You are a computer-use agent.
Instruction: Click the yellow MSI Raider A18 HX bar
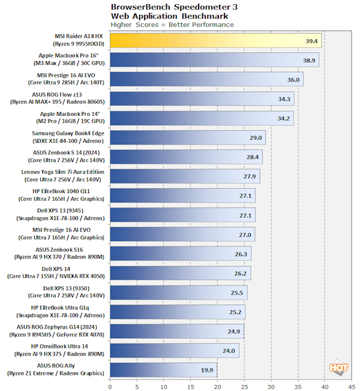215,40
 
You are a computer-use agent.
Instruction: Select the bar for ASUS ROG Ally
163,370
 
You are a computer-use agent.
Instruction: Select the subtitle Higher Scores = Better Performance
172,25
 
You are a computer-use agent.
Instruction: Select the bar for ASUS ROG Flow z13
202,99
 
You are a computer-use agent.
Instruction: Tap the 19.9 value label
207,371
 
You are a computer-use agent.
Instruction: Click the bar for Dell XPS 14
179,273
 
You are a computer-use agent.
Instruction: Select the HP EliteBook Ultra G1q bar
177,312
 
